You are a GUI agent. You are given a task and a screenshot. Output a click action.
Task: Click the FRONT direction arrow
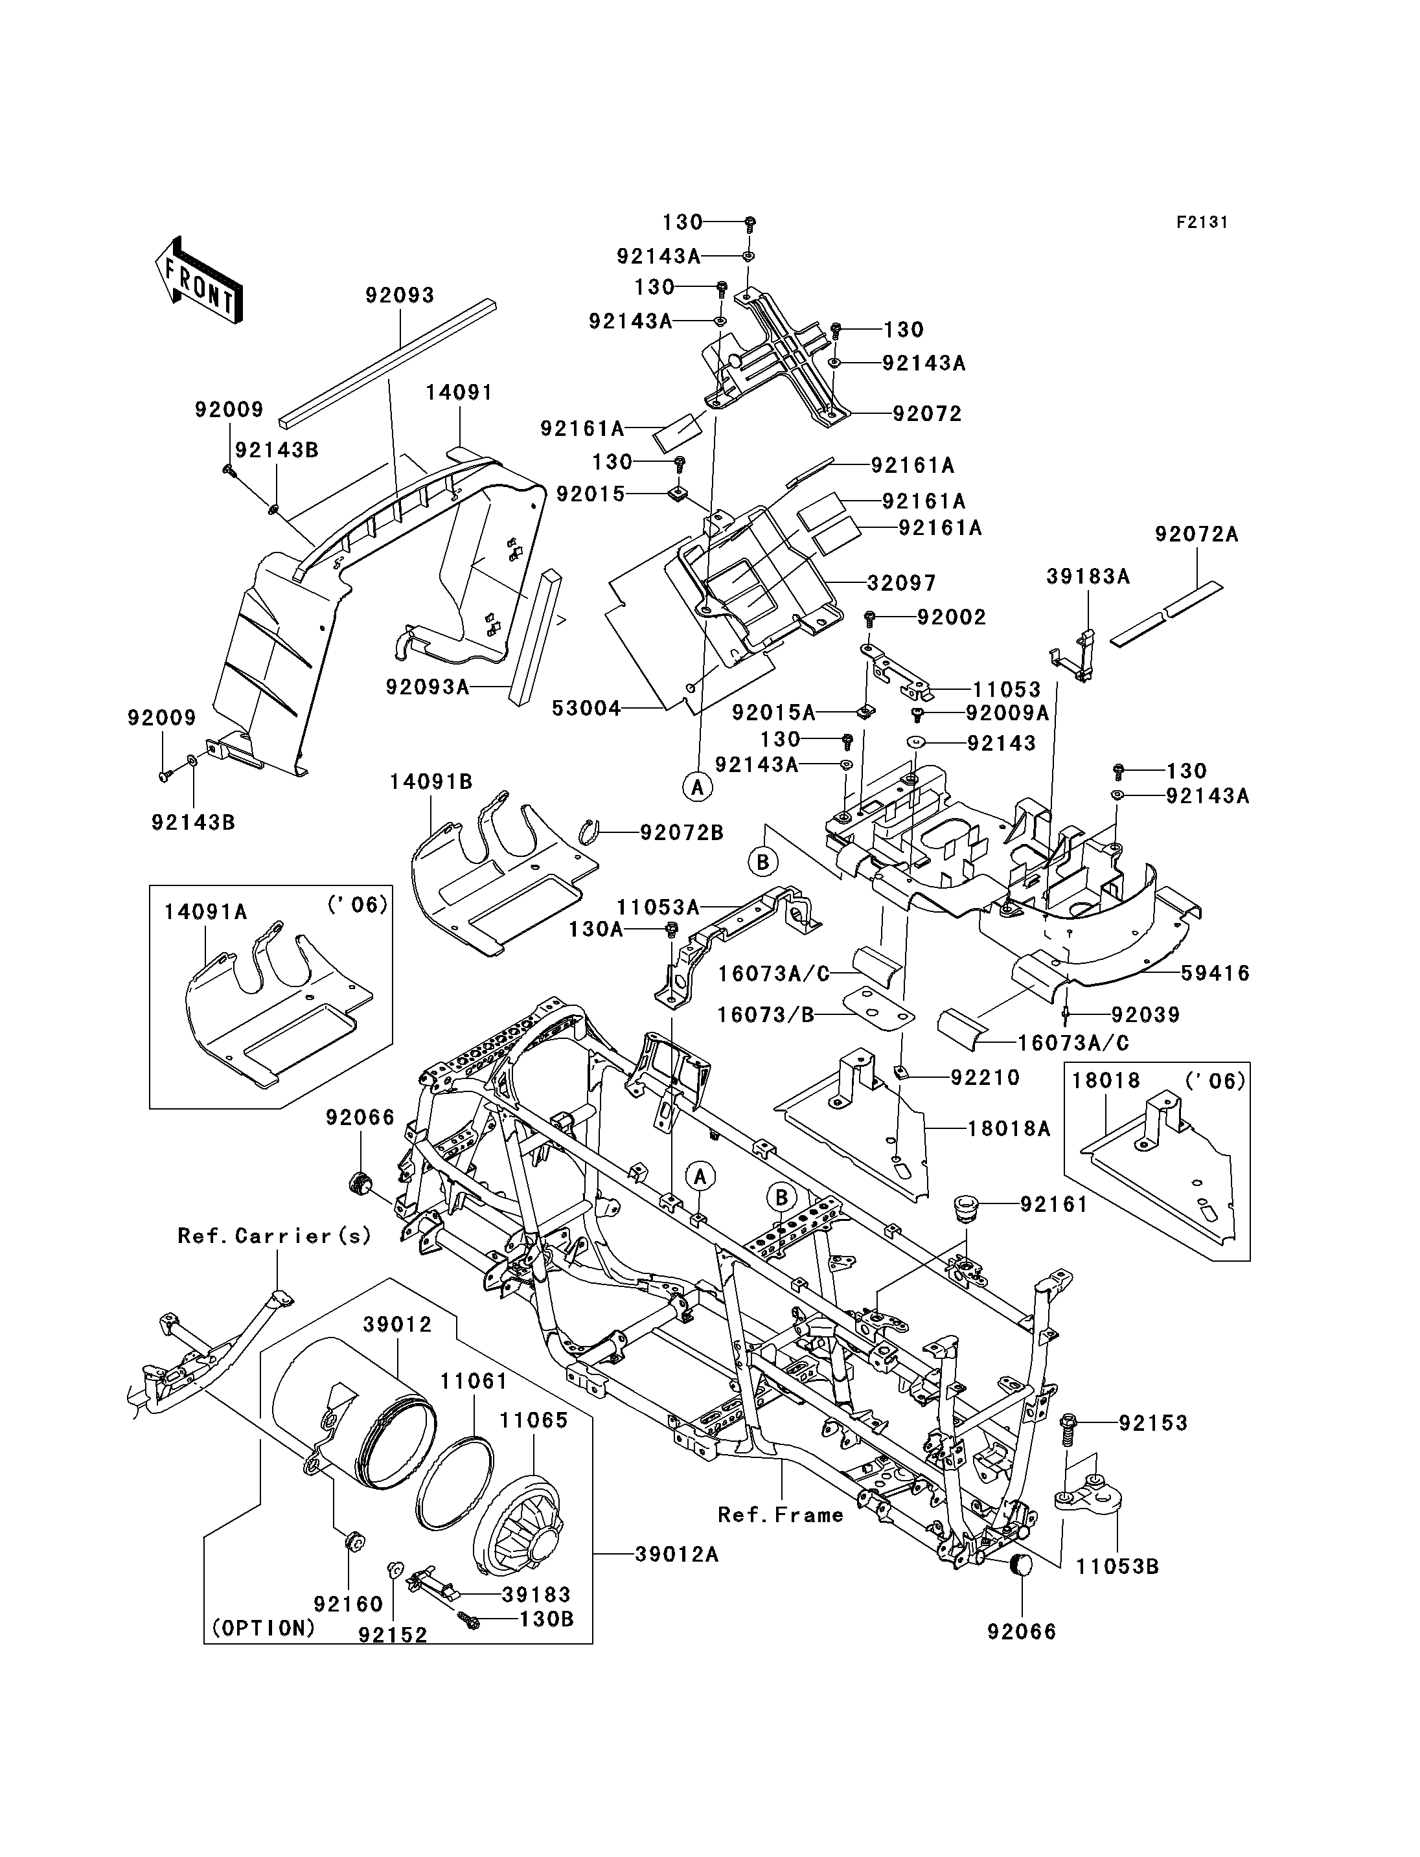point(200,280)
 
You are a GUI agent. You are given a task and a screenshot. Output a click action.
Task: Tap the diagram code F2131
point(1202,222)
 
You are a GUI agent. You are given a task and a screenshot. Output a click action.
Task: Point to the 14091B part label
point(431,782)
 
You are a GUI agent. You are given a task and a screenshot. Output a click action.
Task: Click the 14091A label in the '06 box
point(205,911)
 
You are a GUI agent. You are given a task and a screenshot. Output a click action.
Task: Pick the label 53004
point(587,709)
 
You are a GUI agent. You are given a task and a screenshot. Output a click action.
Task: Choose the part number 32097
point(902,583)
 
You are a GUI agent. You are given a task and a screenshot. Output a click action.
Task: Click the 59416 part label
point(1215,974)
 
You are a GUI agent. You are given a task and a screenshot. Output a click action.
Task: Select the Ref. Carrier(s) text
point(275,1236)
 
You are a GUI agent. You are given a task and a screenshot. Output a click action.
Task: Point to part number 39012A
point(676,1554)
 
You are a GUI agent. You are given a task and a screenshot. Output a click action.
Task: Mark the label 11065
point(534,1420)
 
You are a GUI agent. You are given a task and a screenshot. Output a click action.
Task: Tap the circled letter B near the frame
point(782,1197)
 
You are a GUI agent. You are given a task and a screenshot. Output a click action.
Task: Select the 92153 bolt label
point(1153,1424)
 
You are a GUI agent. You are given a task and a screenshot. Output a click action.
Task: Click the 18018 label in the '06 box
point(1106,1080)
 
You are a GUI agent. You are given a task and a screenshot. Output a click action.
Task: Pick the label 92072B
point(681,832)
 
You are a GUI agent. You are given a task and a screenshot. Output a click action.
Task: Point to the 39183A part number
point(1088,576)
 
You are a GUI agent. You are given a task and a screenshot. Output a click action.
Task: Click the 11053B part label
point(1117,1566)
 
